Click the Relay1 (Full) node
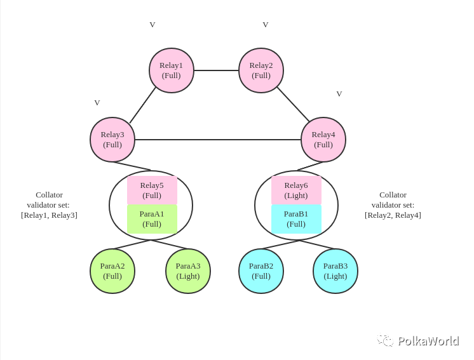pos(172,70)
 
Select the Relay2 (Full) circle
pos(261,70)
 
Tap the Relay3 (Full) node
pos(112,140)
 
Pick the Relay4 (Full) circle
pos(323,140)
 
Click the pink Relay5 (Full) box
pos(152,190)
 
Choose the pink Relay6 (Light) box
pos(296,190)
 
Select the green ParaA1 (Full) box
pos(152,219)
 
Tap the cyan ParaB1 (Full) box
pos(296,219)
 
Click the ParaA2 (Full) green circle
pos(112,271)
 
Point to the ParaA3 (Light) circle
pos(188,271)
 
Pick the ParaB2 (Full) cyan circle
pos(261,271)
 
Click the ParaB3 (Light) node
pos(335,271)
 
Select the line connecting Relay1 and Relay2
pos(217,70)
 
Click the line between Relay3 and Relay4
pos(218,140)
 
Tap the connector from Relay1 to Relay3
pos(143,105)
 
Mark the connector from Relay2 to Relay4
pos(293,105)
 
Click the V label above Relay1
pos(152,25)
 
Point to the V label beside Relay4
pos(339,94)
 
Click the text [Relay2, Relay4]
pos(393,215)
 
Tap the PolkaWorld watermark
pos(418,341)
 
